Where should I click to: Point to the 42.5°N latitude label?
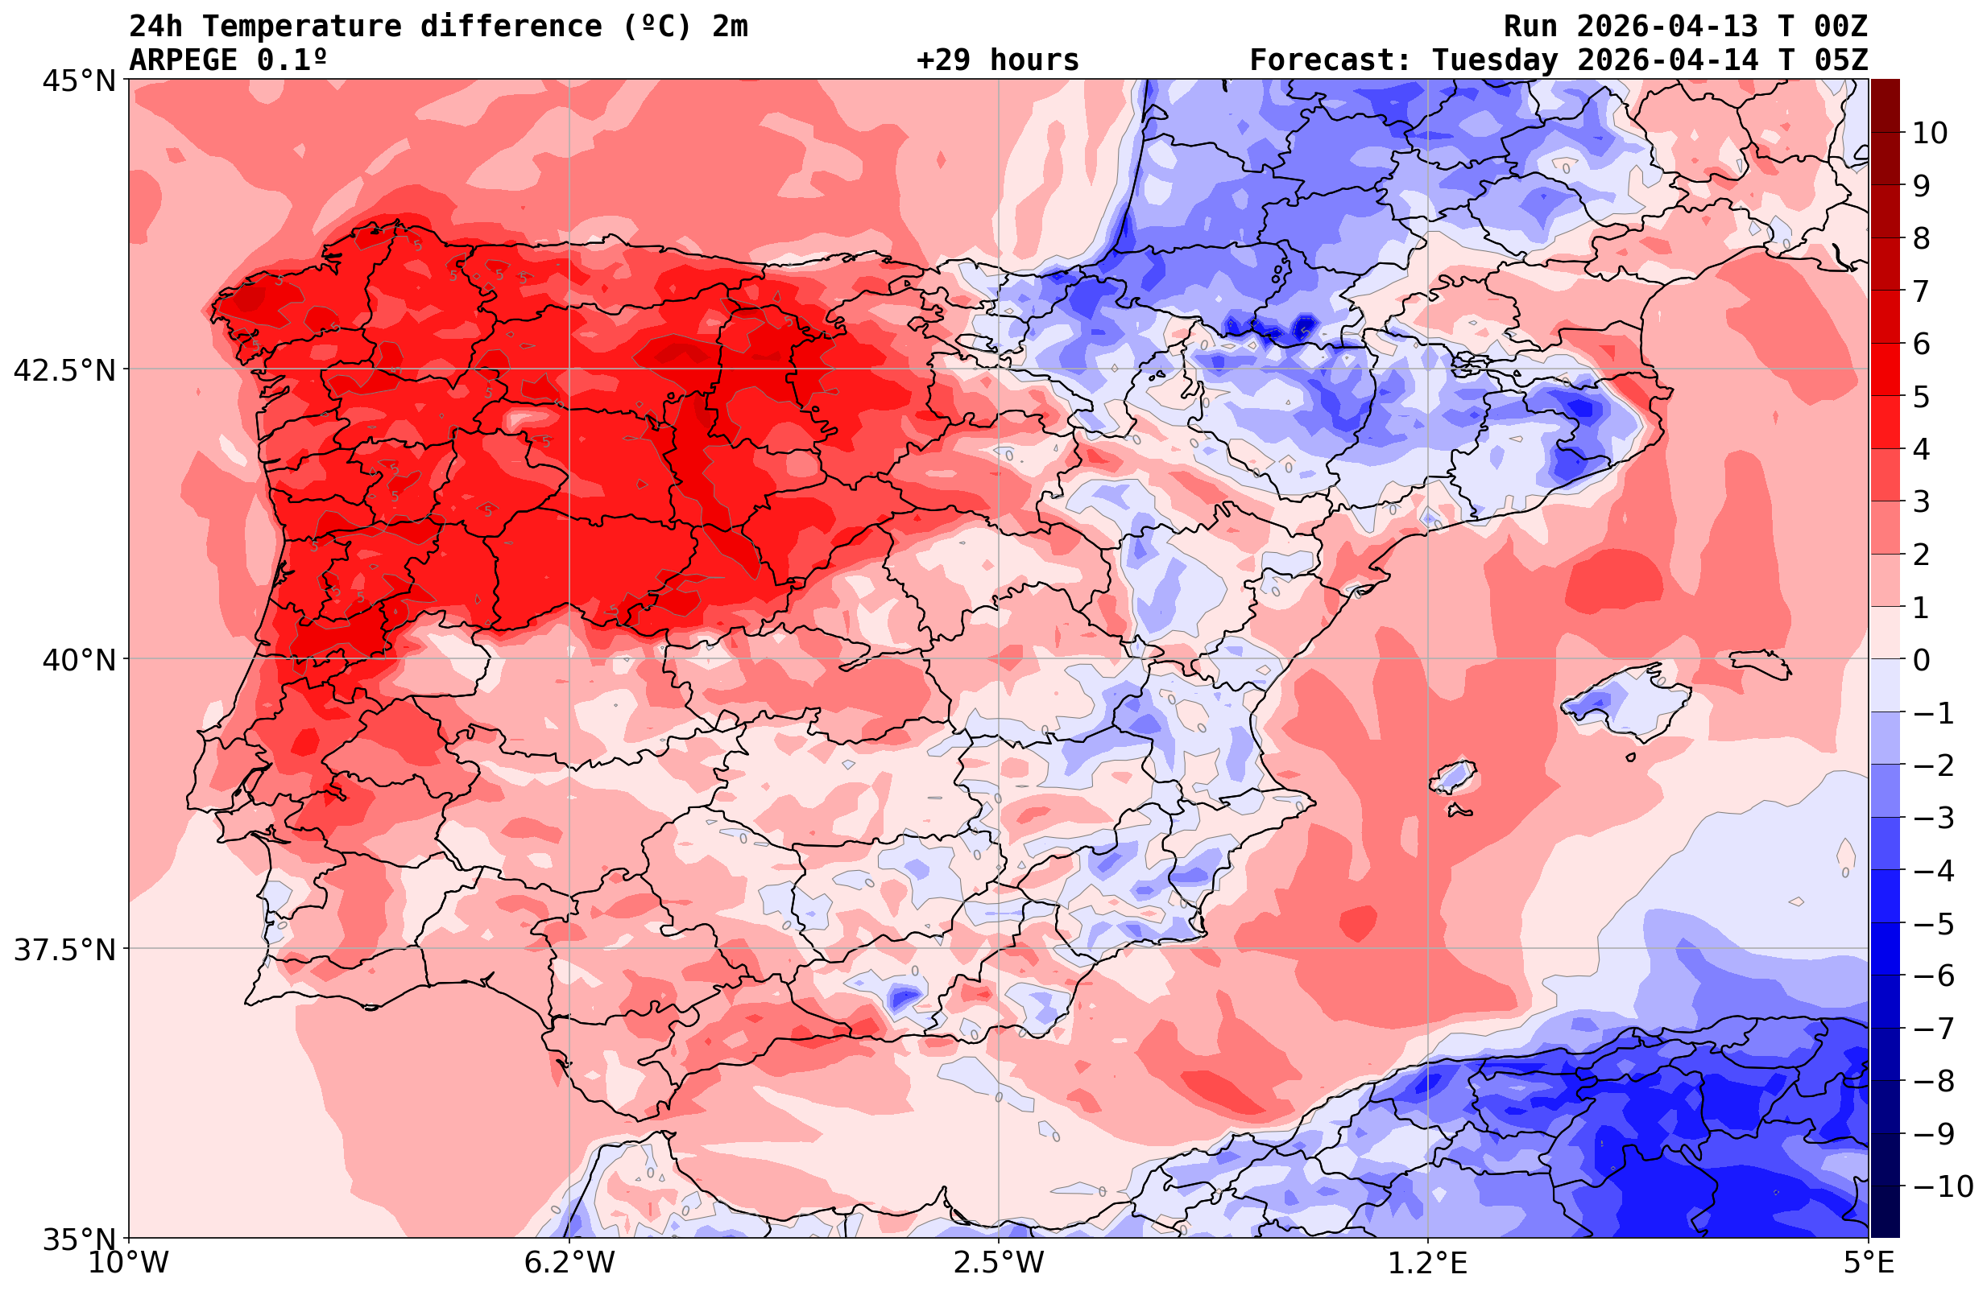(x=64, y=369)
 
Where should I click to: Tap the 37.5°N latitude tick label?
(x=64, y=950)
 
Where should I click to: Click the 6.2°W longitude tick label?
(x=569, y=1263)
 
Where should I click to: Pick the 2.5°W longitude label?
(x=999, y=1263)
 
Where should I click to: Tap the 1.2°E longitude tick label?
(x=1428, y=1263)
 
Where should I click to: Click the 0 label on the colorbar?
(x=1921, y=660)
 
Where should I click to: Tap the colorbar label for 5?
(x=1921, y=398)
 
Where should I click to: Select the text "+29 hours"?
(x=998, y=60)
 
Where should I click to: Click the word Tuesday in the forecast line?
(x=1494, y=60)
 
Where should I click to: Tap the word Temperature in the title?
(x=310, y=27)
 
